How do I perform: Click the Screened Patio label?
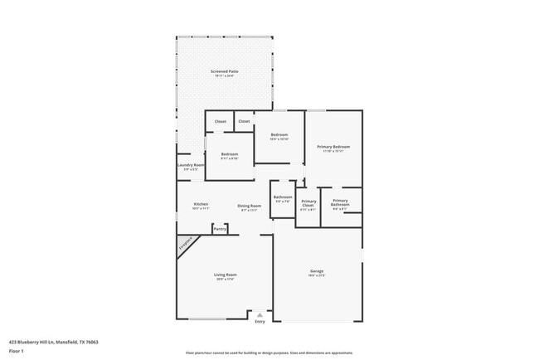click(x=225, y=71)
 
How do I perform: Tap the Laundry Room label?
click(x=191, y=165)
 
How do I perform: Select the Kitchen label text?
click(x=201, y=204)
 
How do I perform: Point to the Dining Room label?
click(x=250, y=206)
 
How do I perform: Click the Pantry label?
click(x=220, y=228)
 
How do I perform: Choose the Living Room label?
click(x=226, y=275)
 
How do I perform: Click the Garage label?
click(x=317, y=270)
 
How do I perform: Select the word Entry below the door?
click(x=260, y=322)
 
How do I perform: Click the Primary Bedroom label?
click(x=333, y=147)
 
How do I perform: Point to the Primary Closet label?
click(x=308, y=203)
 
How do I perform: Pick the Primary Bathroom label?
click(x=340, y=202)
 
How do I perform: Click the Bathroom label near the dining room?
click(x=283, y=197)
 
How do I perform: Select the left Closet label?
click(x=221, y=122)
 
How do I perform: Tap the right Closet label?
click(x=244, y=122)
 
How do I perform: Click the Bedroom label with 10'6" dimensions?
click(x=279, y=134)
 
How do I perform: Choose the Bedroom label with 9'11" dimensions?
click(x=230, y=154)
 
